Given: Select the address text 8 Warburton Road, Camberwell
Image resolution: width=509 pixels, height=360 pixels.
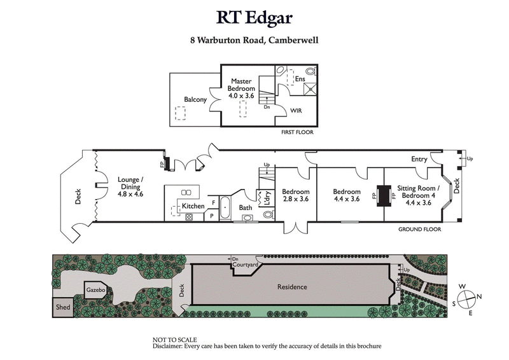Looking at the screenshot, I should [254, 39].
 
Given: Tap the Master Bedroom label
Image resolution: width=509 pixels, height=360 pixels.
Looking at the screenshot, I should [241, 88].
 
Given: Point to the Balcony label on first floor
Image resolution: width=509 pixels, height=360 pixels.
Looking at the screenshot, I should [195, 100].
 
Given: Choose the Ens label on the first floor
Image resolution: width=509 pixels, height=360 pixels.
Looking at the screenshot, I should [300, 79].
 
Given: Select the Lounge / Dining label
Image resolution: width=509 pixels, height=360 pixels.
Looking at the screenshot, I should [130, 188].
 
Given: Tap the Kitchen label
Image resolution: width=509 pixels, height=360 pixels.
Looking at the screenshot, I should [193, 207].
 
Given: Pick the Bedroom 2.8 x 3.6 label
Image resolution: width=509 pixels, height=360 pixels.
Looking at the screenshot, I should [296, 195].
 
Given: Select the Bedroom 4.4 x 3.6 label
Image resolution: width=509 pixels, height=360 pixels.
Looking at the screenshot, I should [347, 195].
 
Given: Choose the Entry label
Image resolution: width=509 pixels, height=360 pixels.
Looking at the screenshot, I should [420, 159].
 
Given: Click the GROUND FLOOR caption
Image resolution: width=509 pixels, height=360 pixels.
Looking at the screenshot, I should [420, 229].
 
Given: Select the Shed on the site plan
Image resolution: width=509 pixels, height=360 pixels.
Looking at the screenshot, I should [64, 307].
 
